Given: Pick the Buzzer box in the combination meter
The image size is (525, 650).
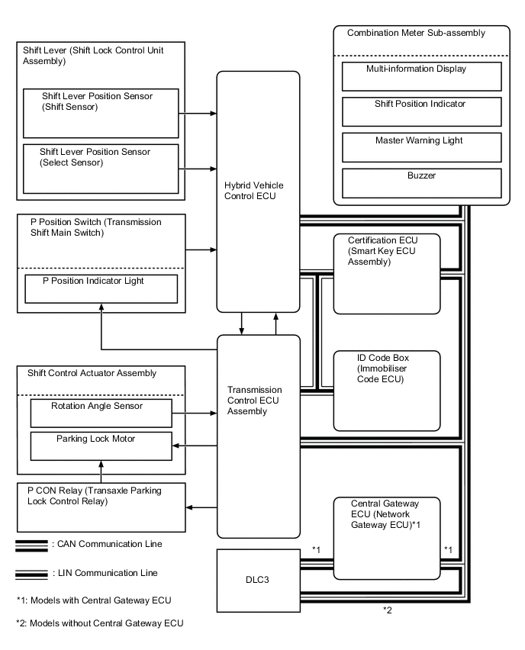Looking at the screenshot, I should (421, 183).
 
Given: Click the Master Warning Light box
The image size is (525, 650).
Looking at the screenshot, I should (421, 146).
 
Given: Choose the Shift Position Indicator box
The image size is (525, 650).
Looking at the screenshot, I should (421, 111).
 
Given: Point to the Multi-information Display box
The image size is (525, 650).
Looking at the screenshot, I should (421, 76).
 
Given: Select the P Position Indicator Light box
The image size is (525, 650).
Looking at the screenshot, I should (101, 288).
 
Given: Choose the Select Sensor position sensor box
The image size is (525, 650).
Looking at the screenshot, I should (101, 167).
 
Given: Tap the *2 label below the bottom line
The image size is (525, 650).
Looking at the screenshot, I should (388, 610).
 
